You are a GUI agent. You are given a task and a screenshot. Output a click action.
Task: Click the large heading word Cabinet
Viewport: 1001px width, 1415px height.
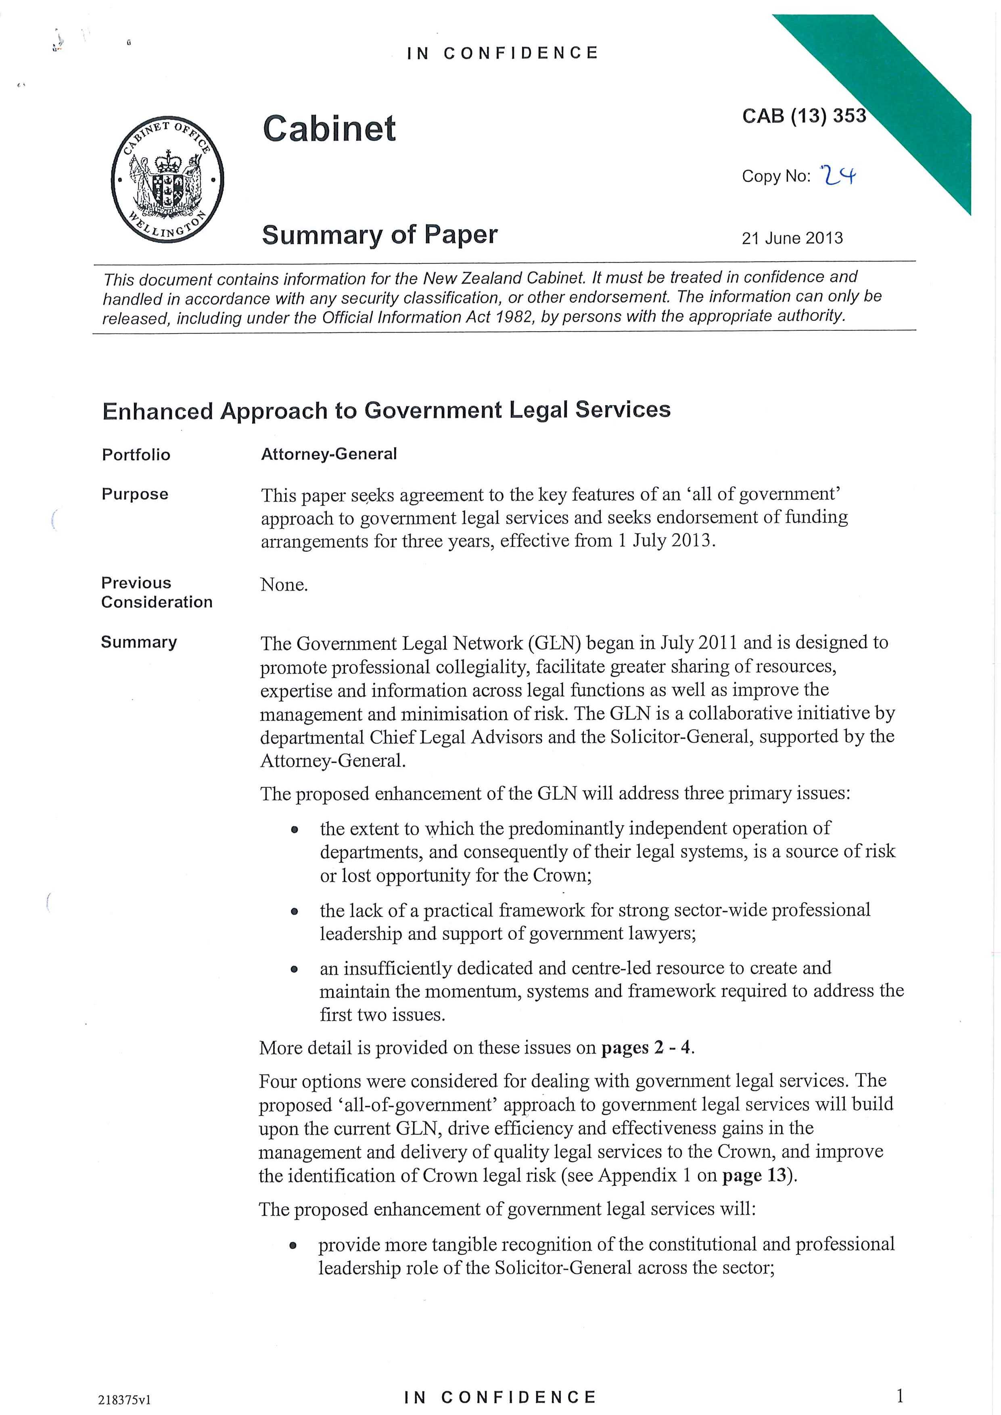[x=329, y=129]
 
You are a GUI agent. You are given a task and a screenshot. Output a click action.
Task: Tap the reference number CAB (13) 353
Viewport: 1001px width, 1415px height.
[x=804, y=116]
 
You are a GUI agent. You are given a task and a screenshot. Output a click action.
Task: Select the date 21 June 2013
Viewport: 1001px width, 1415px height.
[x=792, y=238]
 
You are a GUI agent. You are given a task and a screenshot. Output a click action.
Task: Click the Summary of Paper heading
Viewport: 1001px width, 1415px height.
[x=380, y=235]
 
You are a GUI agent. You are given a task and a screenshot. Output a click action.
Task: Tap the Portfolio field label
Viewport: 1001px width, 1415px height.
[x=136, y=455]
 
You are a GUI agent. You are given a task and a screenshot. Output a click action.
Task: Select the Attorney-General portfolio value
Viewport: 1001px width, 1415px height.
[x=328, y=454]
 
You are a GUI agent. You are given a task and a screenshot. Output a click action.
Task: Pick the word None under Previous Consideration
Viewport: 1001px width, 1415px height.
[x=284, y=584]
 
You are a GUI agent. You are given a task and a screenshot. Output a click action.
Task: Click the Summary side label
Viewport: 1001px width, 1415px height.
[x=139, y=642]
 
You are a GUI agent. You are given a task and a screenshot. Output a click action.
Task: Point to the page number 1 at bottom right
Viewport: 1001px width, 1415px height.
[x=900, y=1395]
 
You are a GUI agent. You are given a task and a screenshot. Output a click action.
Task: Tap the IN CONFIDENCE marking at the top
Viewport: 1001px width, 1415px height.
[x=502, y=53]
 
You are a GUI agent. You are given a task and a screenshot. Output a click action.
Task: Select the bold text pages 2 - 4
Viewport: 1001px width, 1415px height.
[x=647, y=1048]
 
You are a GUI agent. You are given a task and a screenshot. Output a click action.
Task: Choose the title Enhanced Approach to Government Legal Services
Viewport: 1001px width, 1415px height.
[x=386, y=411]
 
